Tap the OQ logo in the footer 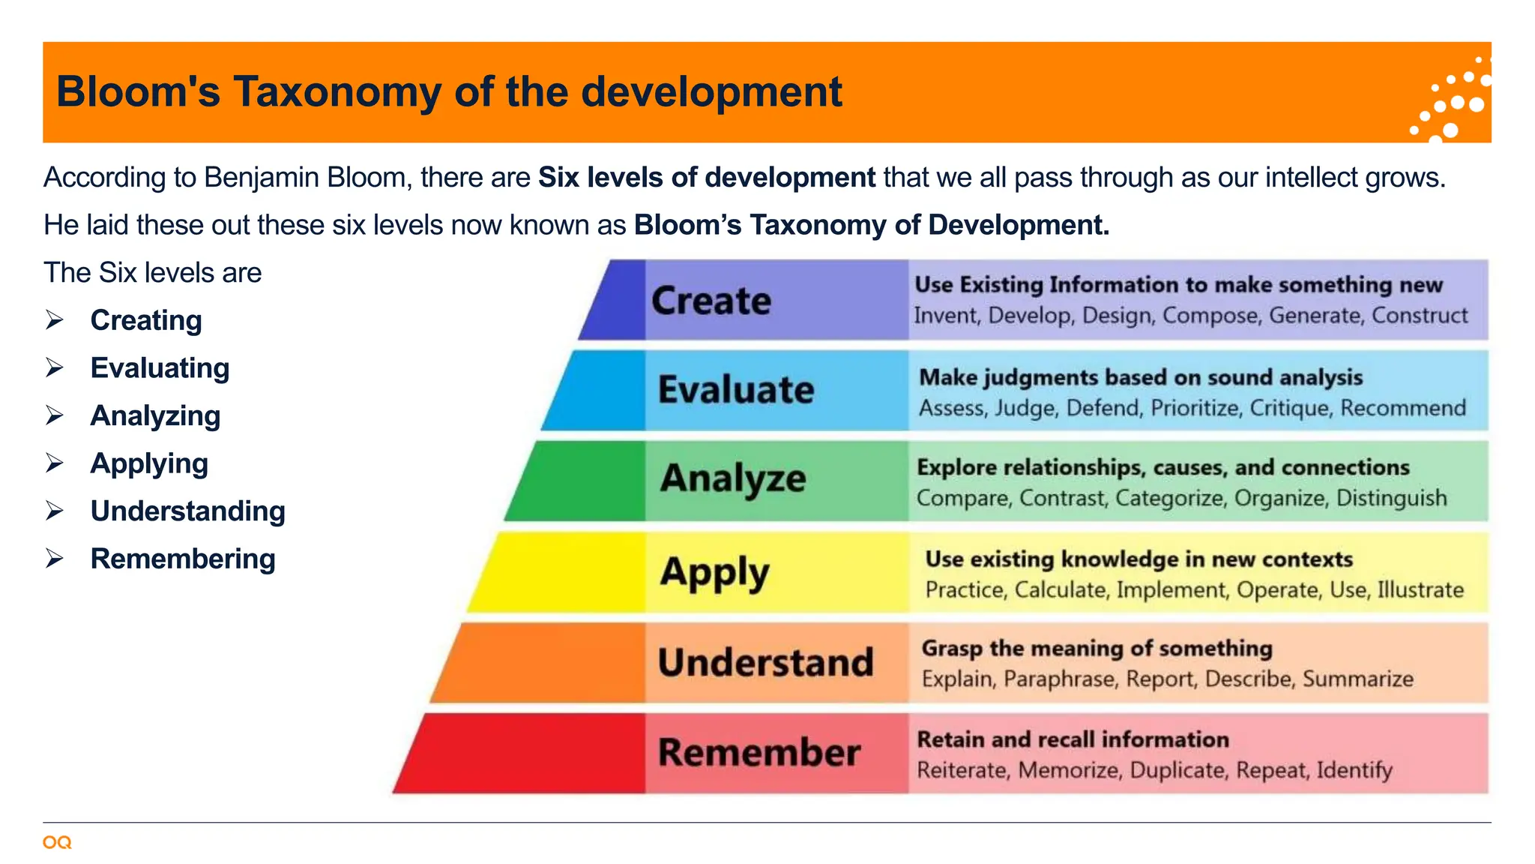(57, 842)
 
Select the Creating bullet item (146, 320)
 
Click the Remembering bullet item (183, 559)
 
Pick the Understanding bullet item (187, 511)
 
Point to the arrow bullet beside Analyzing (54, 415)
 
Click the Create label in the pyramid (711, 301)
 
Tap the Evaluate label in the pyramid (735, 390)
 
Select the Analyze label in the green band (732, 479)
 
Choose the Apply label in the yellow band (714, 573)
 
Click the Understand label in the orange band (765, 663)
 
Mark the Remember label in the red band (759, 753)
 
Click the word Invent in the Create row (946, 316)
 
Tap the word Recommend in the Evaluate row (1402, 408)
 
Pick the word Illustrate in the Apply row (1420, 590)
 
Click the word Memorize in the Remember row (1070, 770)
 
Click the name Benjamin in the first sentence (307, 178)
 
